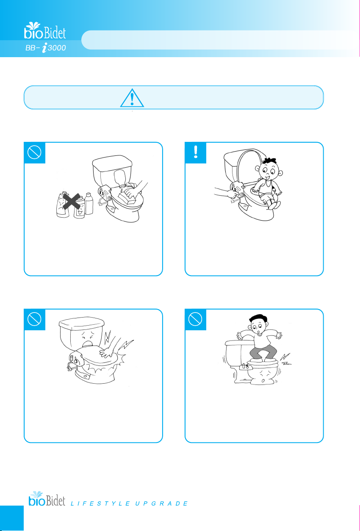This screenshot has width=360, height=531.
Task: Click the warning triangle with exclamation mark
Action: (132, 98)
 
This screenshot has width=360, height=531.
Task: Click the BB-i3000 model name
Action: (46, 48)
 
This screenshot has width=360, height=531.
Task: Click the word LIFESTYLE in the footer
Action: (100, 503)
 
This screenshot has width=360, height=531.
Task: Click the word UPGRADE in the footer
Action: (161, 503)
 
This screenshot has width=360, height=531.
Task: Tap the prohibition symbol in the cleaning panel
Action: (34, 152)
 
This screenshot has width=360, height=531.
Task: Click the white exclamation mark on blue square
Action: (195, 152)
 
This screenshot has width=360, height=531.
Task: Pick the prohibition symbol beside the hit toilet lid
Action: (34, 319)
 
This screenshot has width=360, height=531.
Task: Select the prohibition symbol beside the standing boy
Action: (195, 319)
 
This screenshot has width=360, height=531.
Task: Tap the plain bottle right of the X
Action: (89, 204)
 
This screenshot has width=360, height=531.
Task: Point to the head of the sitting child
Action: (269, 169)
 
